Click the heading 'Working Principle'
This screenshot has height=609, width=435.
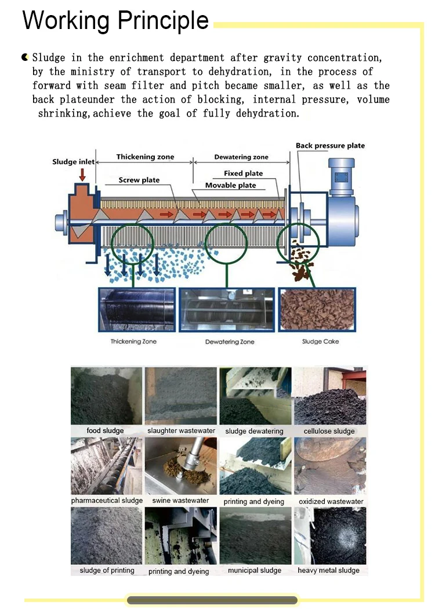pyautogui.click(x=116, y=21)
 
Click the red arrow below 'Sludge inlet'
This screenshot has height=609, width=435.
pyautogui.click(x=82, y=175)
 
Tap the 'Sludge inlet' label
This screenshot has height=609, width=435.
pyautogui.click(x=74, y=162)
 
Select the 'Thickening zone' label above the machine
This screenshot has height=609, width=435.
pyautogui.click(x=145, y=157)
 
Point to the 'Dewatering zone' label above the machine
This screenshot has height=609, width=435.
pyautogui.click(x=241, y=157)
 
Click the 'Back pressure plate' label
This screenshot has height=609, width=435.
pyautogui.click(x=330, y=146)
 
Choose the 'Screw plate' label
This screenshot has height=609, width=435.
pyautogui.click(x=139, y=180)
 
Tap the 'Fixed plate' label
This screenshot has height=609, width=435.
pyautogui.click(x=243, y=173)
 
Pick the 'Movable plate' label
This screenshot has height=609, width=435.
pyautogui.click(x=230, y=185)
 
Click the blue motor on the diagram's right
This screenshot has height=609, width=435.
pyautogui.click(x=342, y=202)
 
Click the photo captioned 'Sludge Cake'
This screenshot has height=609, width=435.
pyautogui.click(x=317, y=310)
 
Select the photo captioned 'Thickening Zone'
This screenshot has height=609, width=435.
pyautogui.click(x=137, y=310)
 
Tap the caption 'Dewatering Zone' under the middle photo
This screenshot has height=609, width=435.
pyautogui.click(x=230, y=342)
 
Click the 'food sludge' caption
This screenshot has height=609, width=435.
pyautogui.click(x=105, y=430)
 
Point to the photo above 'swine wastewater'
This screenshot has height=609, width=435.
pyautogui.click(x=180, y=466)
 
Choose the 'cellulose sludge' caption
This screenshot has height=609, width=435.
pyautogui.click(x=329, y=431)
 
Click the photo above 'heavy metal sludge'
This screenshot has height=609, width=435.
pyautogui.click(x=330, y=535)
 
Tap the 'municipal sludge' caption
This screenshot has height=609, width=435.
pyautogui.click(x=255, y=570)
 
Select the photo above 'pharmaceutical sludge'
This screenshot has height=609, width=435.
pyautogui.click(x=106, y=466)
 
